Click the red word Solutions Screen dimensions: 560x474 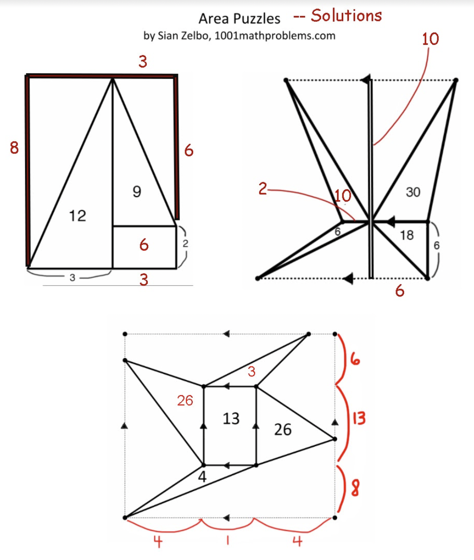coord(346,16)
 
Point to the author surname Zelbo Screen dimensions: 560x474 coord(199,35)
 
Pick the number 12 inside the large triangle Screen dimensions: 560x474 coord(77,216)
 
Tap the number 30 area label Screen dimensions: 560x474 coord(413,192)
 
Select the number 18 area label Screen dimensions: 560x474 coord(406,236)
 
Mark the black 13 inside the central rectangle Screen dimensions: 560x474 coord(231,418)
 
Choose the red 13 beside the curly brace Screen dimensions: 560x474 coord(358,418)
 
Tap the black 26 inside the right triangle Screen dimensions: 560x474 coord(283,429)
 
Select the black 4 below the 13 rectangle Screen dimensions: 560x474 coord(202,476)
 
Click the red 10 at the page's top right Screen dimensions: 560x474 coord(430,39)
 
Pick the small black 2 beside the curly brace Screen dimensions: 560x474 coord(186,244)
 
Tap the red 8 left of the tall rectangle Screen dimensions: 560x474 coord(14,148)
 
